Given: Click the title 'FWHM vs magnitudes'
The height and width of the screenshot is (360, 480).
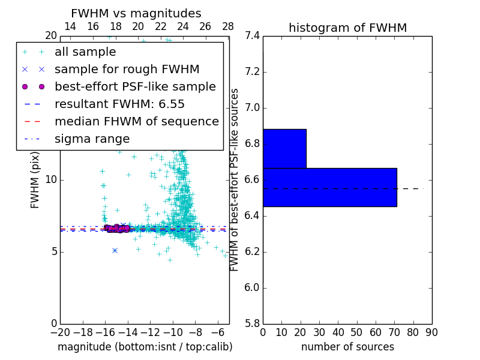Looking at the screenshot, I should (x=136, y=13).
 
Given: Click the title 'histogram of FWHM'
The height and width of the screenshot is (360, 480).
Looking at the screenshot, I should (x=347, y=28).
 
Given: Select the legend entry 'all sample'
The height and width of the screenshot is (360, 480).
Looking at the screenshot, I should (x=85, y=52).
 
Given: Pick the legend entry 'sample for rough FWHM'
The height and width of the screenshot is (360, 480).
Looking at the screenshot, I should (x=127, y=69).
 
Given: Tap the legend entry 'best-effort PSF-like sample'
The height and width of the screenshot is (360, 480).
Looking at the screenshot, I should (x=135, y=86).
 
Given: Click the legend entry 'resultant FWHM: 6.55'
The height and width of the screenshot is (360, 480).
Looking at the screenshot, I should (x=119, y=104).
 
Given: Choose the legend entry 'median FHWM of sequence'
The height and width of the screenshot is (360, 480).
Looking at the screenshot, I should (x=136, y=121).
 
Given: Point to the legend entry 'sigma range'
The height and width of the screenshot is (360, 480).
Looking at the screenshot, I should (x=92, y=139).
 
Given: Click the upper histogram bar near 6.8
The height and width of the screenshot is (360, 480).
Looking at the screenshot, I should (x=284, y=148).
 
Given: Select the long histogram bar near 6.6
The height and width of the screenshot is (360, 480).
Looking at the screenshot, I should (x=329, y=187).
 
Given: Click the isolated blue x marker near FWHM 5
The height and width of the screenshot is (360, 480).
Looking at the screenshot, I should (x=115, y=250).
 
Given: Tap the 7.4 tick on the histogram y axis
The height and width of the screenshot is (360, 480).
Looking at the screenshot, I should (x=252, y=36).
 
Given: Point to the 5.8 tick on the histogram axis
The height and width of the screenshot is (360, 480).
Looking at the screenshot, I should (x=252, y=323).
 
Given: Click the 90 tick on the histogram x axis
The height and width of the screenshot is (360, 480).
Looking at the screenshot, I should (x=431, y=332).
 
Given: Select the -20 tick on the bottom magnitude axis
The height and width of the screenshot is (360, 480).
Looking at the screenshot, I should (x=60, y=332).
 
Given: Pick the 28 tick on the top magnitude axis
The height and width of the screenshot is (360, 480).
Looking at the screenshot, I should (x=228, y=26).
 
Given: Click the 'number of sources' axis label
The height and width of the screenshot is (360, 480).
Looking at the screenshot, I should (x=347, y=347).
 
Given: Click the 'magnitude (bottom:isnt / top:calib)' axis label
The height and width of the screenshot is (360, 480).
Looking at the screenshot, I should (x=145, y=347).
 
